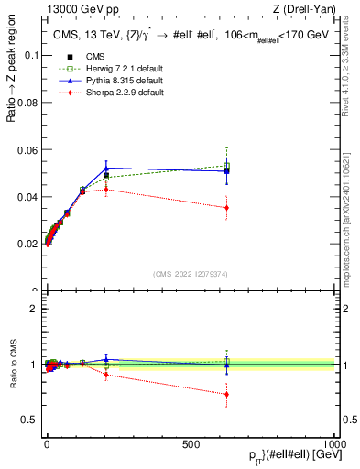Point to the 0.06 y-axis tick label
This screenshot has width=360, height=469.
27,149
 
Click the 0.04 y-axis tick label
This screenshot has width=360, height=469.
27,197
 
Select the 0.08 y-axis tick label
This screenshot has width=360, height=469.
27,102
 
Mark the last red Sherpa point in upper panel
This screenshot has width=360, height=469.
226,208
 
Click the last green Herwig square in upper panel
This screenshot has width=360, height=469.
226,166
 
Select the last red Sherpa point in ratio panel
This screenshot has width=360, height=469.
226,394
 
